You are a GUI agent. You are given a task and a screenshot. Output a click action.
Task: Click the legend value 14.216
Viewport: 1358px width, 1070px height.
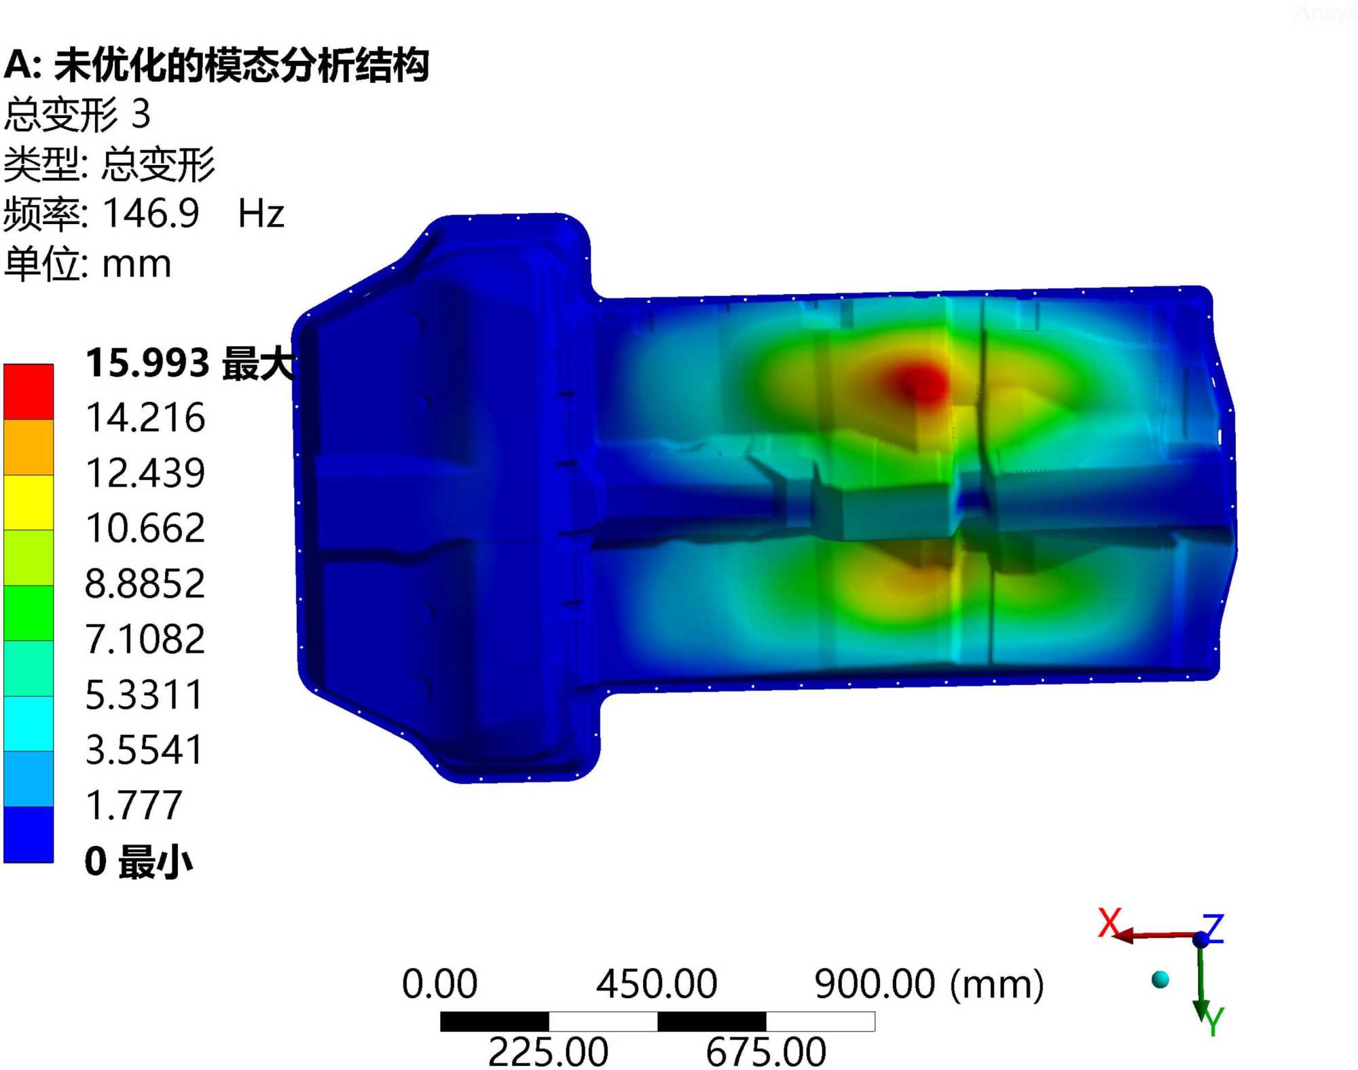(x=145, y=418)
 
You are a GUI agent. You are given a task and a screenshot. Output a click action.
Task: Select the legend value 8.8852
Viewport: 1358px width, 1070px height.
(x=145, y=584)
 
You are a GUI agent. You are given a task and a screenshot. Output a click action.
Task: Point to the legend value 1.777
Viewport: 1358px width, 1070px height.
(x=134, y=806)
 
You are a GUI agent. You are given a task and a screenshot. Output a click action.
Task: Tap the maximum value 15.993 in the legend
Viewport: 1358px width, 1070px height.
(x=147, y=363)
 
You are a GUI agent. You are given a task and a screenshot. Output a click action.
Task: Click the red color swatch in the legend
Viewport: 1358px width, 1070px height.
(x=29, y=392)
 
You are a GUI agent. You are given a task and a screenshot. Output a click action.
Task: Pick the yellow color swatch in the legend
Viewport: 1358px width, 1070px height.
(x=29, y=502)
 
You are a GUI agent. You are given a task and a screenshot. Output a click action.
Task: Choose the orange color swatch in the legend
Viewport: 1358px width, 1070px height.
(x=29, y=447)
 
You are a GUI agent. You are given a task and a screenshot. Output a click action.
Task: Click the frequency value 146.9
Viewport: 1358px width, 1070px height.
(x=151, y=213)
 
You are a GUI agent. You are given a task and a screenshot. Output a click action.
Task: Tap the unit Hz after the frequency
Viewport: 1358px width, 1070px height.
(x=261, y=214)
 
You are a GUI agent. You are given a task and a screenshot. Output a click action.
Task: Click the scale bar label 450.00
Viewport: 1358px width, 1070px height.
(x=657, y=984)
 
